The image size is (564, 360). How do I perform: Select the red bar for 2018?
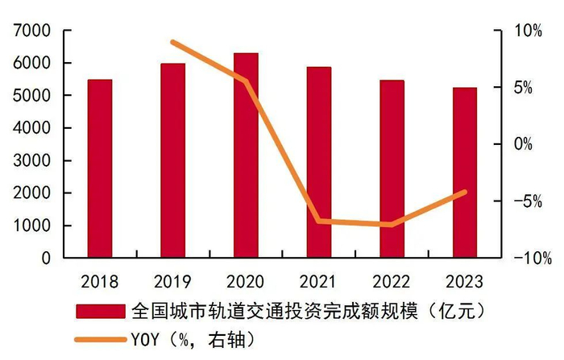coord(100,169)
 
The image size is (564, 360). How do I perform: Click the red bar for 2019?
coord(173,161)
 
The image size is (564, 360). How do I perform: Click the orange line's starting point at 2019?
coord(173,42)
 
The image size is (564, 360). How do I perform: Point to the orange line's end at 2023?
coord(464,192)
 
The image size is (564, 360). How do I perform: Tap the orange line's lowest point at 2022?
coord(392,225)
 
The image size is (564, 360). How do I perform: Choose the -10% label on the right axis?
coord(533,259)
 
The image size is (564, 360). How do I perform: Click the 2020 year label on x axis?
coord(246,282)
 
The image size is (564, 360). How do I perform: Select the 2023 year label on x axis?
coord(464,282)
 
